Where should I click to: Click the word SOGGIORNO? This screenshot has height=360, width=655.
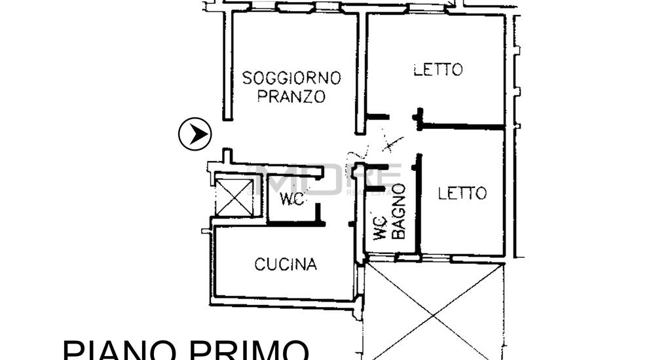point(291,78)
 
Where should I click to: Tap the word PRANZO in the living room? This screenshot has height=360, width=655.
point(291,97)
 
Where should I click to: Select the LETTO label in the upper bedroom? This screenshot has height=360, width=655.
point(438,69)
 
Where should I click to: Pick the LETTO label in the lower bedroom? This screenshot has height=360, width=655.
point(462,193)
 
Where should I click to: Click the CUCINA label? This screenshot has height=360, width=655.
point(286,264)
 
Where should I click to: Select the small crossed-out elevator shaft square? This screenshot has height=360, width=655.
point(234,196)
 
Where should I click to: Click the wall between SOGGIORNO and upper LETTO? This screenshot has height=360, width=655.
point(360,72)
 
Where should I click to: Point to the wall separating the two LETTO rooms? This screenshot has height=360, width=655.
point(462,126)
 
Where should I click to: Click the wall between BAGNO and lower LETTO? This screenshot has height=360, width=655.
point(419,203)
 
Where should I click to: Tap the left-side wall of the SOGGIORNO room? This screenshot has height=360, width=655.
point(227,65)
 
